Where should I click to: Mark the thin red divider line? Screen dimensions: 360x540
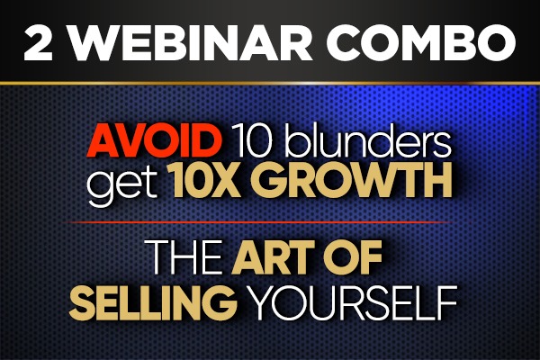tap(270, 220)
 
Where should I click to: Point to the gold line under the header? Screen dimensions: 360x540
tap(270, 82)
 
